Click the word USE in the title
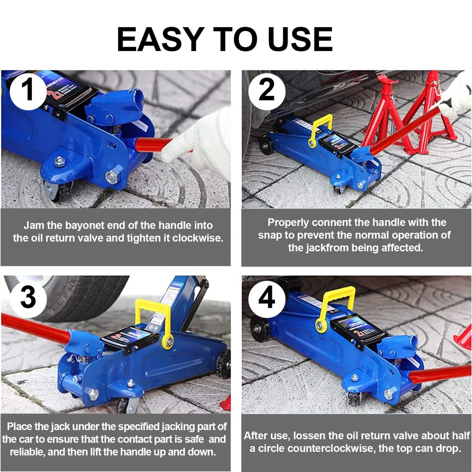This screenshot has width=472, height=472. [300, 39]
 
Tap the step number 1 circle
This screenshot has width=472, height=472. [28, 90]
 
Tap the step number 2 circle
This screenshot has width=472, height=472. [266, 91]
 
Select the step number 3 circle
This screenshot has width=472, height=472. [28, 298]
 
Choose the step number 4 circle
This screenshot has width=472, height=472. [266, 298]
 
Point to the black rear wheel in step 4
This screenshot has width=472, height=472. [260, 329]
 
